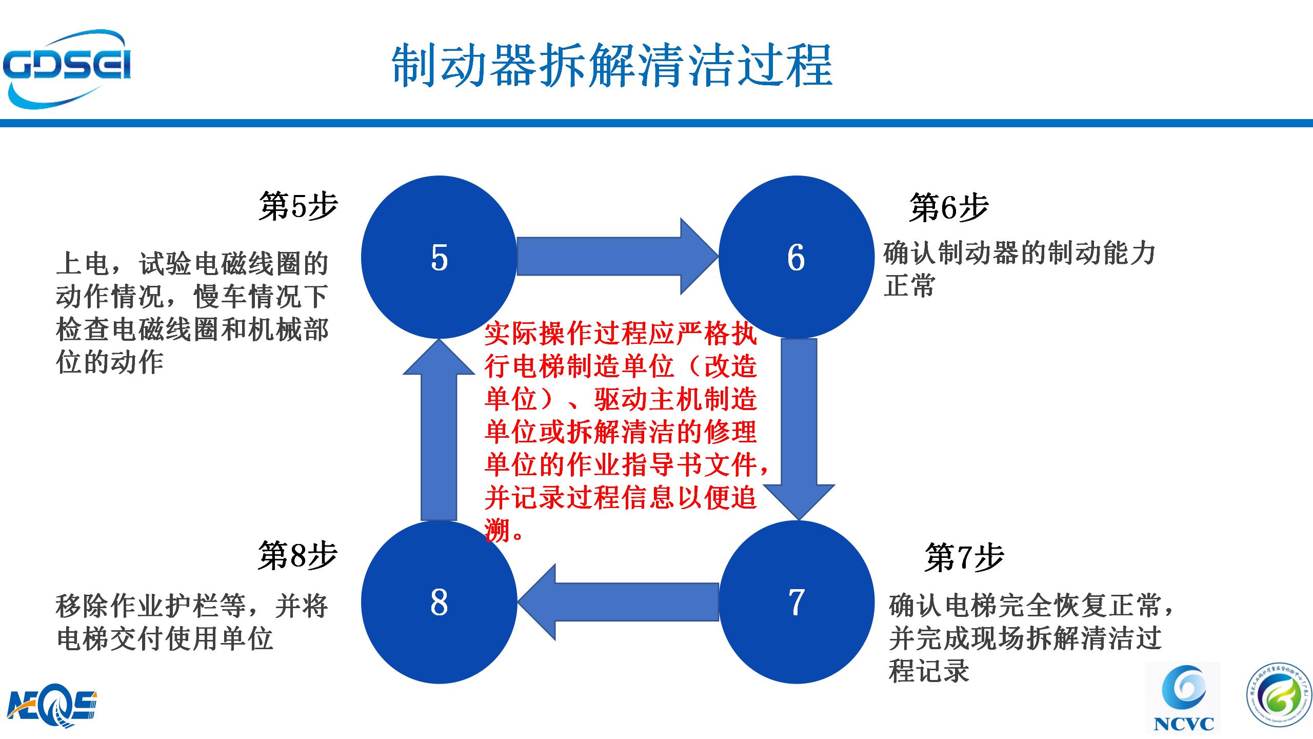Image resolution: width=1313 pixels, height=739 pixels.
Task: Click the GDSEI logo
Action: pyautogui.click(x=67, y=68)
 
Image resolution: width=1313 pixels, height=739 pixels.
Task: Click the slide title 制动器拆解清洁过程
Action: pyautogui.click(x=611, y=66)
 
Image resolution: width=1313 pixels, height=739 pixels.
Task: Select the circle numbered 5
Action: pyautogui.click(x=439, y=257)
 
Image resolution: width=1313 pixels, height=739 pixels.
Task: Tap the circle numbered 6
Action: pyautogui.click(x=796, y=257)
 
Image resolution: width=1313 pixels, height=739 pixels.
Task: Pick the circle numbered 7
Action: pyautogui.click(x=796, y=601)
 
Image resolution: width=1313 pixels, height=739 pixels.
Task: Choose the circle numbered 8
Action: pyautogui.click(x=439, y=601)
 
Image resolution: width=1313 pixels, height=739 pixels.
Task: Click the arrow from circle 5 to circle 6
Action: pyautogui.click(x=615, y=256)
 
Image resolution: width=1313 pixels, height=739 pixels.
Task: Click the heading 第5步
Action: pyautogui.click(x=298, y=206)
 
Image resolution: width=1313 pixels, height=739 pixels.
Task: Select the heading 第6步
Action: pyautogui.click(x=948, y=208)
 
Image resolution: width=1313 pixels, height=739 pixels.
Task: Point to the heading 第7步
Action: pyautogui.click(x=964, y=558)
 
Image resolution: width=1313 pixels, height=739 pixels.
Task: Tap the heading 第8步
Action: pyautogui.click(x=297, y=555)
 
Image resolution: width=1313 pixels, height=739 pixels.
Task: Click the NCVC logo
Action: pyautogui.click(x=1183, y=698)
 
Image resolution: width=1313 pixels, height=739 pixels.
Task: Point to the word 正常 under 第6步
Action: pyautogui.click(x=909, y=286)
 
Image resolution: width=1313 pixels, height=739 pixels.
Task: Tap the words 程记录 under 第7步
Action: pyautogui.click(x=929, y=671)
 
